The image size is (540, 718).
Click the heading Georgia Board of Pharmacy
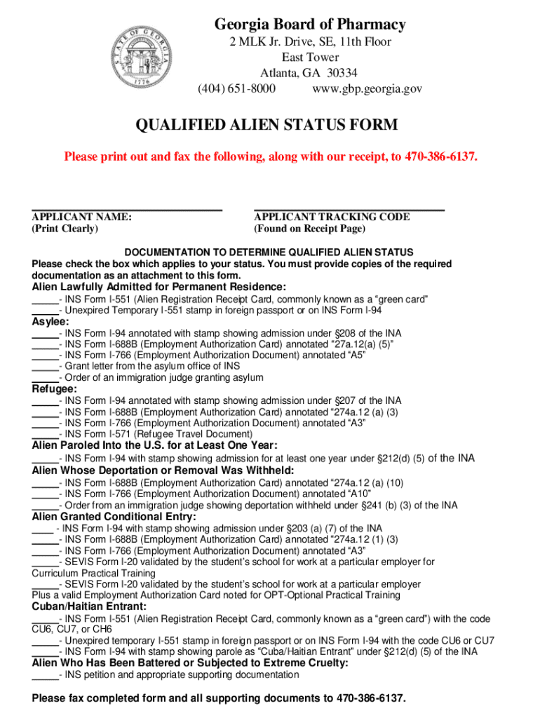pos(310,25)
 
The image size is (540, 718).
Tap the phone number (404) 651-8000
pos(236,89)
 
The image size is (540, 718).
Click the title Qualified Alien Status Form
pos(266,125)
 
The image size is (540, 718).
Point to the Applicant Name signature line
pos(127,208)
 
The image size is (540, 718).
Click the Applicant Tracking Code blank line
pos(349,208)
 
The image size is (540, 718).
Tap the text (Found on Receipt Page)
pos(309,229)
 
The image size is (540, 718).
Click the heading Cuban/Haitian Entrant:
pos(90,606)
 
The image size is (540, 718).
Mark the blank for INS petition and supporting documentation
pos(45,677)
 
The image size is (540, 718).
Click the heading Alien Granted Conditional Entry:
pos(114,517)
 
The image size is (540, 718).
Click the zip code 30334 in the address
pos(342,73)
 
